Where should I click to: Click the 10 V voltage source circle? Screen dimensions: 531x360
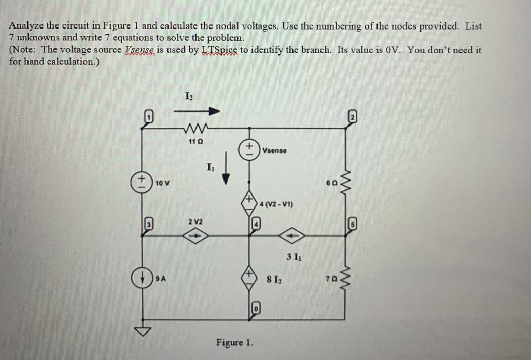click(142, 183)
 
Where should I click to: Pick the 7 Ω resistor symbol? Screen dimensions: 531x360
click(345, 279)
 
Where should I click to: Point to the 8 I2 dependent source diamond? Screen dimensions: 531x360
click(249, 279)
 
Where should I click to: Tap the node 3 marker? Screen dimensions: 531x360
click(149, 224)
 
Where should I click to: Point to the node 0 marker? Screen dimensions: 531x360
click(256, 309)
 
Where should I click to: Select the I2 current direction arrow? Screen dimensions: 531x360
click(197, 111)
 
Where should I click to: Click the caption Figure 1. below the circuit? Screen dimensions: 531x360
click(235, 342)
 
